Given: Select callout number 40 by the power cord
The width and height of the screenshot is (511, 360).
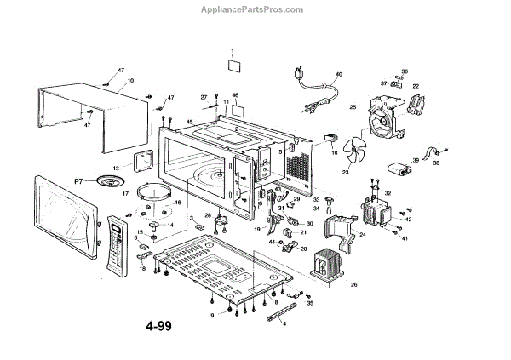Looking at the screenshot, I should (x=338, y=76).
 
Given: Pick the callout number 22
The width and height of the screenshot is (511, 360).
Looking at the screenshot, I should (x=416, y=86).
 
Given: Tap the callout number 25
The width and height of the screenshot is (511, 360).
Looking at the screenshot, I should (x=353, y=106).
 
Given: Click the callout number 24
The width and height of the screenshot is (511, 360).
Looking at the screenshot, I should (x=362, y=234).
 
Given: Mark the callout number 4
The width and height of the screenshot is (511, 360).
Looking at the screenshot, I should (x=284, y=324).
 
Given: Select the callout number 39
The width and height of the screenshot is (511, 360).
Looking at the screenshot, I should (x=415, y=159).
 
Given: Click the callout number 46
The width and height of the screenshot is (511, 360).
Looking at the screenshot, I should (x=235, y=94).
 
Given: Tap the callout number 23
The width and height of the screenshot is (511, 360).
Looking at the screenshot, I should (x=347, y=173).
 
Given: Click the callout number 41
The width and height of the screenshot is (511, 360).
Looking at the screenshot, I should (x=406, y=238).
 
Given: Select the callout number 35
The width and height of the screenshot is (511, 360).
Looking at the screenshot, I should (x=310, y=302).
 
